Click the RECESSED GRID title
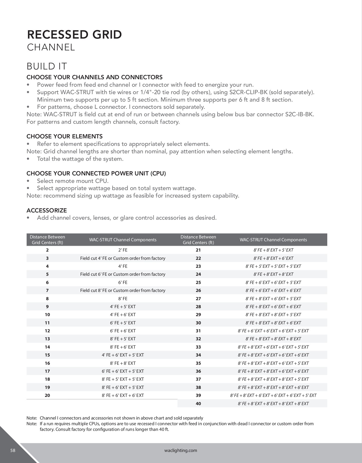click(74, 35)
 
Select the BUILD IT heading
click(47, 66)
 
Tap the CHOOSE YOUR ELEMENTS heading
click(65, 136)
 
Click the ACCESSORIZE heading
click(47, 210)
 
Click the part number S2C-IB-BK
click(299, 114)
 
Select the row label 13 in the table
click(47, 339)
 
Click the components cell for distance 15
click(123, 355)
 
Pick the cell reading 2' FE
click(123, 250)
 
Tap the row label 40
click(198, 404)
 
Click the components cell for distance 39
click(273, 395)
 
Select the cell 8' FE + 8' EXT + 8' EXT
click(273, 274)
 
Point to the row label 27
click(198, 299)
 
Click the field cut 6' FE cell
click(123, 274)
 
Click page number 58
click(13, 450)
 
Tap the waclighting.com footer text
click(181, 450)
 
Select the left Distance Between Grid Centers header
click(47, 240)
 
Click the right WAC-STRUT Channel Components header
click(273, 240)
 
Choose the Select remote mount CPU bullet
click(73, 181)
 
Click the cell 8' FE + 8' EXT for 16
click(123, 363)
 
